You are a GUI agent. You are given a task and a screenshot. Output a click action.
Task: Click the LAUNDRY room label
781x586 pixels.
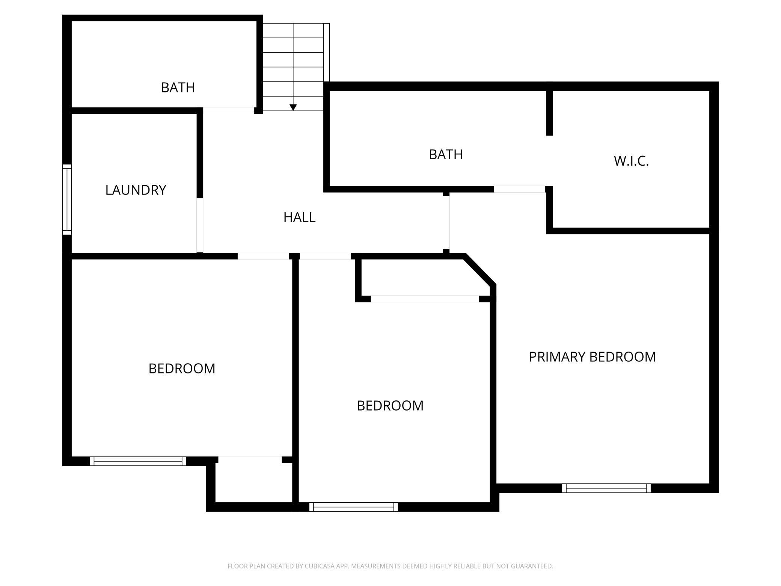pyautogui.click(x=136, y=190)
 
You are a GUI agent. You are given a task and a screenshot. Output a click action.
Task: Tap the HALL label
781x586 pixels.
pyautogui.click(x=299, y=217)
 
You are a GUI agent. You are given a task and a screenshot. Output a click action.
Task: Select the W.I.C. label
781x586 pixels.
pyautogui.click(x=631, y=161)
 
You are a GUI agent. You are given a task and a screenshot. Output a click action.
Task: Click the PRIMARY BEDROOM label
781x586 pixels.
pyautogui.click(x=592, y=357)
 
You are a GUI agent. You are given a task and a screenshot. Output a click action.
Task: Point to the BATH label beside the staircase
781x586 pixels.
pyautogui.click(x=178, y=88)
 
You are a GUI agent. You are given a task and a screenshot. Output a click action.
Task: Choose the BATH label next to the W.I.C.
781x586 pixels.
pyautogui.click(x=446, y=154)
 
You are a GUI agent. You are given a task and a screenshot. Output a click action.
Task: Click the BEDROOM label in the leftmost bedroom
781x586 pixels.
pyautogui.click(x=182, y=369)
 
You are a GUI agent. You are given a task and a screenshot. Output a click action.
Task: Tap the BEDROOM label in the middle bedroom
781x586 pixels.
pyautogui.click(x=390, y=406)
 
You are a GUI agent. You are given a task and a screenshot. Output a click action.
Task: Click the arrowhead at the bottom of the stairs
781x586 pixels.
pyautogui.click(x=293, y=107)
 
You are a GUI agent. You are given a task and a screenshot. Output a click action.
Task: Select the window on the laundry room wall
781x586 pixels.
pyautogui.click(x=67, y=199)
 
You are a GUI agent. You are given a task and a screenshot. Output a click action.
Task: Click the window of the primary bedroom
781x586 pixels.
pyautogui.click(x=606, y=488)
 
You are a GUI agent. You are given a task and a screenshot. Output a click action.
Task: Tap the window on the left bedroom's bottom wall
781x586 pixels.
pyautogui.click(x=138, y=461)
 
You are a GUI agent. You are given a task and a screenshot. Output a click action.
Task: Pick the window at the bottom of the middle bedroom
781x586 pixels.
pyautogui.click(x=354, y=507)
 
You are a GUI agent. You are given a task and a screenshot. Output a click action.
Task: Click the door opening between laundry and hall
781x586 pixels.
pyautogui.click(x=200, y=225)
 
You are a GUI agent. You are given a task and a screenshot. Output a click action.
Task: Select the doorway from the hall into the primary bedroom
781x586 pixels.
pyautogui.click(x=446, y=223)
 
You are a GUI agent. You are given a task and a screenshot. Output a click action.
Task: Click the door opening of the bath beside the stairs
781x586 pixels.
pyautogui.click(x=229, y=110)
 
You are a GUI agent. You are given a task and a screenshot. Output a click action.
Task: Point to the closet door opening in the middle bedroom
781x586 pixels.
pyautogui.click(x=425, y=299)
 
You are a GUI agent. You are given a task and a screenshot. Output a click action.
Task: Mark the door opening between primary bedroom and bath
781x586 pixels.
pyautogui.click(x=520, y=189)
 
